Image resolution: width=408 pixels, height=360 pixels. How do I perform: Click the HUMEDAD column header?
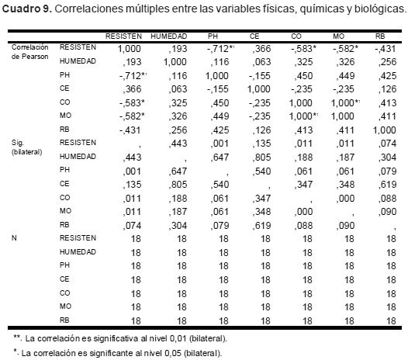pyautogui.click(x=168, y=36)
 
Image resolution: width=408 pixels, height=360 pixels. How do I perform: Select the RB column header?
pyautogui.click(x=379, y=36)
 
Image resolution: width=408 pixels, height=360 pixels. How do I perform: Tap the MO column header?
pyautogui.click(x=338, y=36)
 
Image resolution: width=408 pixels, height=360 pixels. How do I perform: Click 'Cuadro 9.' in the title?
pyautogui.click(x=27, y=9)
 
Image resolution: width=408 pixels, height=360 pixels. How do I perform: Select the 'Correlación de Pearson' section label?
pyautogui.click(x=30, y=52)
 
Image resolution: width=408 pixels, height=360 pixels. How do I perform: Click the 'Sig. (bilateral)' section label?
pyautogui.click(x=26, y=147)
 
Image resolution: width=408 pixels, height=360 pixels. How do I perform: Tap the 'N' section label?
pyautogui.click(x=14, y=238)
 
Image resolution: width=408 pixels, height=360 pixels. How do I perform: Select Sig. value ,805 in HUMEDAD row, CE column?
pyautogui.click(x=261, y=157)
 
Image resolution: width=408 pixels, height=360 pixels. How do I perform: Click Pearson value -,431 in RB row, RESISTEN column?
pyautogui.click(x=130, y=130)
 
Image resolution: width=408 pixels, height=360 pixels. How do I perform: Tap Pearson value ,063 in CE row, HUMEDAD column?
pyautogui.click(x=178, y=89)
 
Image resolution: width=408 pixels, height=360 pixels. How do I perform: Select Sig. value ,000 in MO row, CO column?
pyautogui.click(x=303, y=212)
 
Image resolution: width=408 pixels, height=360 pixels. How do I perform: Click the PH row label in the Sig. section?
pyautogui.click(x=64, y=170)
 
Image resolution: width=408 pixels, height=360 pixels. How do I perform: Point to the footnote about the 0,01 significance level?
pyautogui.click(x=120, y=338)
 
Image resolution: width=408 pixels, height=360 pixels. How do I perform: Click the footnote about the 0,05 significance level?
pyautogui.click(x=118, y=353)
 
